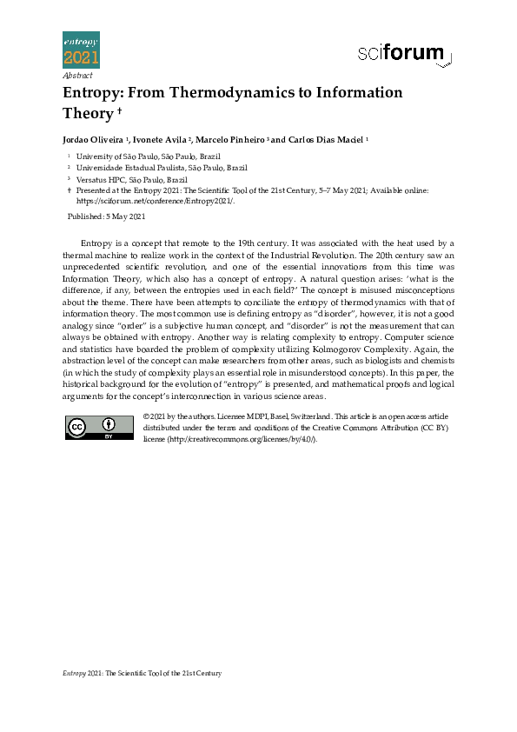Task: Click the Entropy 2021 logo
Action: coord(81,50)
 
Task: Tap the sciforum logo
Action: coord(405,55)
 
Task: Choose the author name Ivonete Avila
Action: coord(161,139)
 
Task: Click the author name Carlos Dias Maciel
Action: coord(328,139)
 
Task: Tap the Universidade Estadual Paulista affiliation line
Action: coord(162,167)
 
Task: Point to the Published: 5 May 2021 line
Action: coord(107,216)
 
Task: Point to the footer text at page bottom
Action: coord(143,674)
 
